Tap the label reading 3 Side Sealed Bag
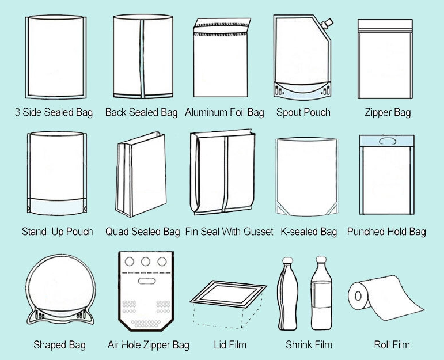click(x=54, y=112)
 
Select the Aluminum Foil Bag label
click(x=224, y=112)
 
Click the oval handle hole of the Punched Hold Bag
click(x=387, y=141)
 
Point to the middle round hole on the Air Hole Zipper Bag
click(x=146, y=262)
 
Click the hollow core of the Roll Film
click(x=358, y=296)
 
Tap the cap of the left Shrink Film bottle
click(x=287, y=260)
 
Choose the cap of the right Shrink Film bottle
click(x=321, y=259)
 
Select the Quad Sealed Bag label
click(x=142, y=232)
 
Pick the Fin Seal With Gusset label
click(x=229, y=232)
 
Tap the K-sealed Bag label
click(x=309, y=232)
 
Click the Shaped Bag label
click(x=59, y=345)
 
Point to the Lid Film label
click(x=230, y=345)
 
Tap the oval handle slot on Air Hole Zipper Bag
click(x=147, y=281)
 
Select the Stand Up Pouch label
click(x=58, y=232)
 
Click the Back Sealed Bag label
click(x=141, y=112)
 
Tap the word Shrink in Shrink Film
click(x=297, y=345)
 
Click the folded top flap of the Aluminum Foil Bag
click(x=222, y=26)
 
